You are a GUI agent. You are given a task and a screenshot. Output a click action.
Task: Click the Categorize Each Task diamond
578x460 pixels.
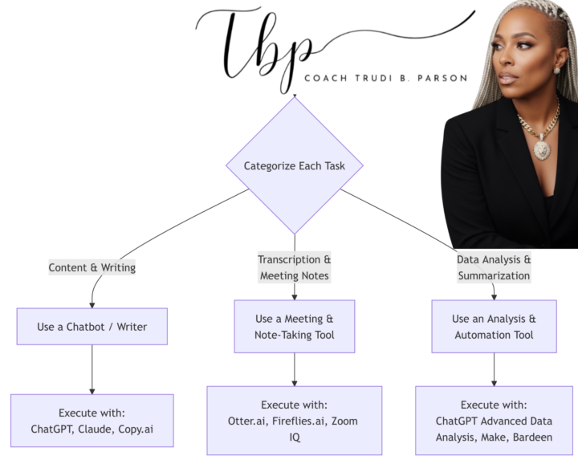294,166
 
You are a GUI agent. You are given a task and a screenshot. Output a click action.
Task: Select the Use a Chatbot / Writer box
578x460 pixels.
92,327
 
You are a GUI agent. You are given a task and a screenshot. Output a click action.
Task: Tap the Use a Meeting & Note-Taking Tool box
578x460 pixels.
295,327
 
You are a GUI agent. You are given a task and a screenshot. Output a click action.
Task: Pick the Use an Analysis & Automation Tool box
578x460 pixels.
494,327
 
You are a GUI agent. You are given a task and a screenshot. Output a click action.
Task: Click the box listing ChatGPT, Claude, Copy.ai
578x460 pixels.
92,421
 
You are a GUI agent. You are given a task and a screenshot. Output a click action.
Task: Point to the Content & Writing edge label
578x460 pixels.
92,268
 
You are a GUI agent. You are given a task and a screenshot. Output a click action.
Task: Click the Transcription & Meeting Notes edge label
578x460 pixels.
295,268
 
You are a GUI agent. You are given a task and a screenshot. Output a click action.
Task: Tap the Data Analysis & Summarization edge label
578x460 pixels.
494,268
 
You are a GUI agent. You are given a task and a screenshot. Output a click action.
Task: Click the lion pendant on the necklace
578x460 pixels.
542,148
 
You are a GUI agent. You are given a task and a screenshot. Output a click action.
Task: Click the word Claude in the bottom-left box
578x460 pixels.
97,429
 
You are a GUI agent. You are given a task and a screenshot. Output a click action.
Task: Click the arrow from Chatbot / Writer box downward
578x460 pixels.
92,369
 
